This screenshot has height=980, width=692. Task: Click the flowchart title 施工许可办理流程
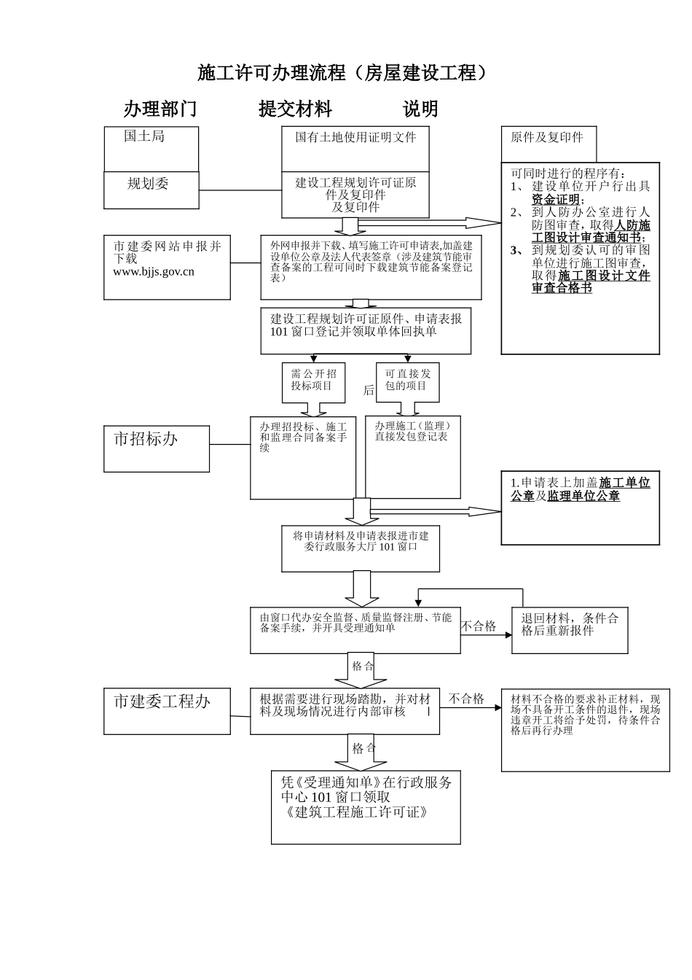coord(341,73)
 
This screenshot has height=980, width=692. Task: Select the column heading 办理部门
coord(160,109)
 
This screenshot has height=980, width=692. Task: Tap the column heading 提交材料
coord(295,109)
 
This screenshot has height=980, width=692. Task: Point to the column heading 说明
coord(420,109)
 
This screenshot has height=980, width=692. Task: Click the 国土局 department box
coord(151,149)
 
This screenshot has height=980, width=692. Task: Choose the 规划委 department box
coord(151,190)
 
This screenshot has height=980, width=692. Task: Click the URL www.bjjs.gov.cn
coord(154,272)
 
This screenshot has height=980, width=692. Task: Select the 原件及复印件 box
coord(548,143)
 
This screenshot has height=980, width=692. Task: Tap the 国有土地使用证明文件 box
coord(355,149)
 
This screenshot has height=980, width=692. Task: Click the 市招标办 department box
coord(156,448)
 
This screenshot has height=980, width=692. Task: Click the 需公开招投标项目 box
coord(313,381)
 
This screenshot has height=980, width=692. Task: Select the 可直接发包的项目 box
coord(407,381)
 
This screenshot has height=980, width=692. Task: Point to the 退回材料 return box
coord(569,629)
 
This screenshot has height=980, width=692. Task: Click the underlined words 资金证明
coord(556,200)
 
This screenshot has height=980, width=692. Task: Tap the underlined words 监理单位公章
coord(583,497)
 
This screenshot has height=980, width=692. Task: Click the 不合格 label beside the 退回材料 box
coord(479,626)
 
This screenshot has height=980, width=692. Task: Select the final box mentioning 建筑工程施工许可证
coord(366,806)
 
